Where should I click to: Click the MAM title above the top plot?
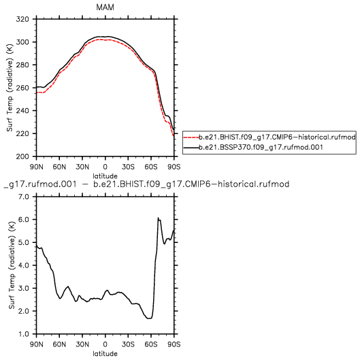point(105,7)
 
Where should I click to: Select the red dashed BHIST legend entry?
point(269,137)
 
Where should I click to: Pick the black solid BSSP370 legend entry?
point(253,147)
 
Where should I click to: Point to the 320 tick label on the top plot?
point(22,19)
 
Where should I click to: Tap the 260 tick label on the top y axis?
point(22,88)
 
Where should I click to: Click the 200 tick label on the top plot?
point(22,157)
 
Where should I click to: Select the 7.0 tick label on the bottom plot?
point(24,197)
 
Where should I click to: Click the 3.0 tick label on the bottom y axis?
point(24,289)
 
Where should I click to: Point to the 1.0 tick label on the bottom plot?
point(24,334)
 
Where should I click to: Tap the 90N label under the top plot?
point(37,167)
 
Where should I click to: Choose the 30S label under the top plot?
point(128,167)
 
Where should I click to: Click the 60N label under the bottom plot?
point(59,344)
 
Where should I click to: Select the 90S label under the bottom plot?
point(174,344)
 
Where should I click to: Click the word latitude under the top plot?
point(105,176)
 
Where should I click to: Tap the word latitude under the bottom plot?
point(105,354)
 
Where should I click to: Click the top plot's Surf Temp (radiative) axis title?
point(10,88)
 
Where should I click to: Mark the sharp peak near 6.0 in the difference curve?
point(158,218)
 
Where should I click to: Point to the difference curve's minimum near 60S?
point(149,318)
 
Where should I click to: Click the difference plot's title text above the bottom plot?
point(146,184)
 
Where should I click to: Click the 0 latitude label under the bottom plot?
point(105,344)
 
